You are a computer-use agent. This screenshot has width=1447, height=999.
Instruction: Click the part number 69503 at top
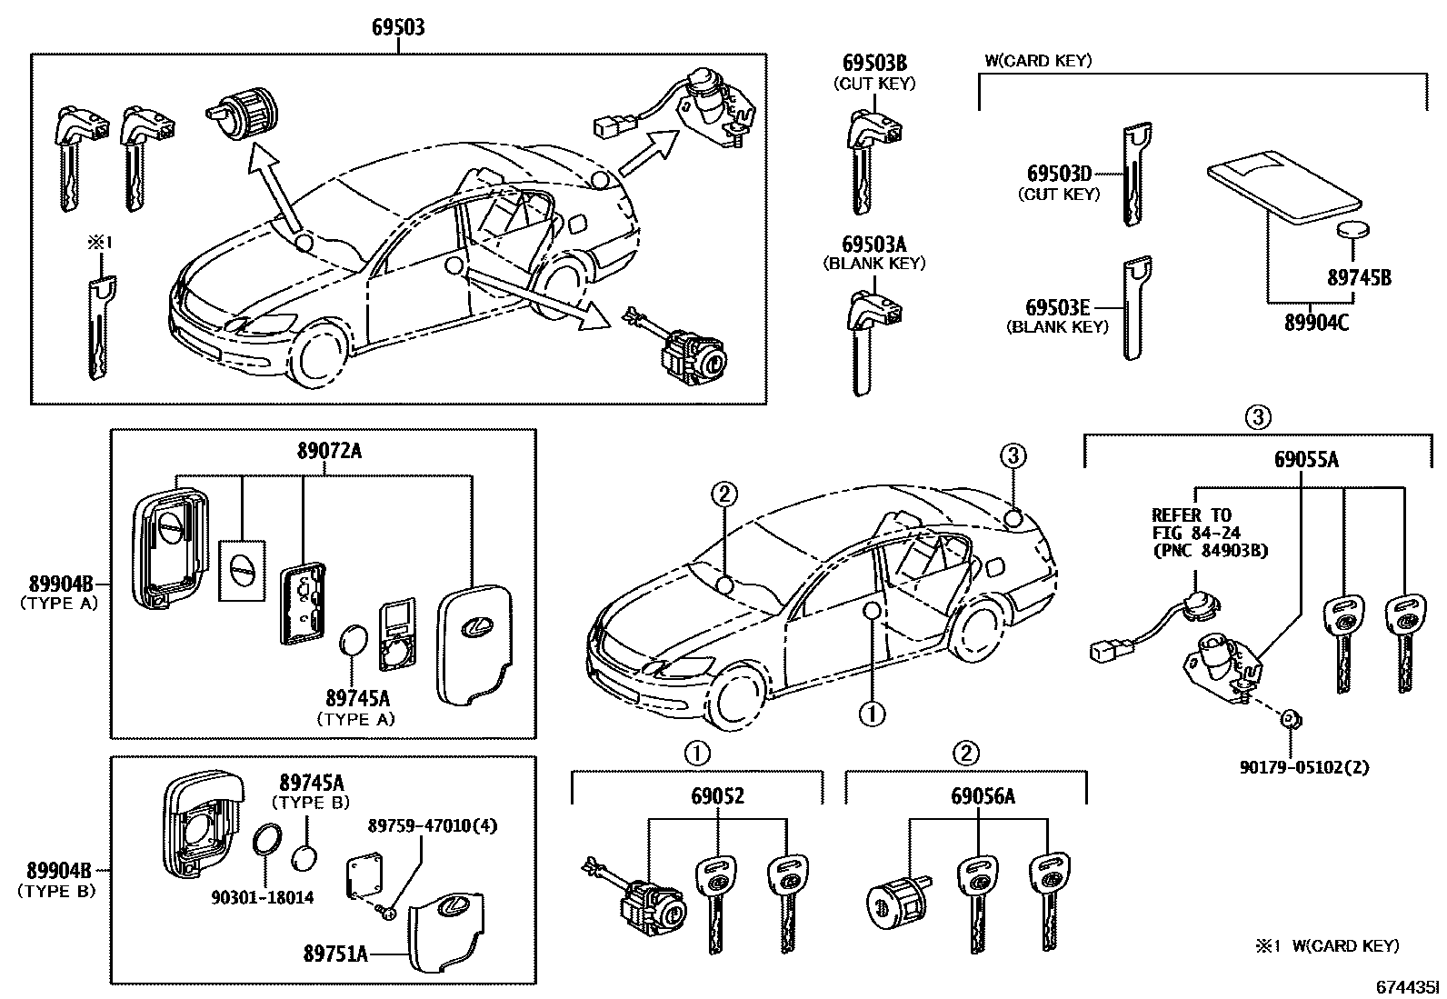click(x=398, y=29)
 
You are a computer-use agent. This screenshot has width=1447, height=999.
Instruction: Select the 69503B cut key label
click(x=874, y=64)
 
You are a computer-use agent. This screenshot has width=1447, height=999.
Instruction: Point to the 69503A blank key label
click(x=874, y=245)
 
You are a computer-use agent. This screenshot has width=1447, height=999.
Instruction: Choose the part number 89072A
click(x=328, y=451)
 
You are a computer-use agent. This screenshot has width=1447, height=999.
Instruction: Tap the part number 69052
click(x=717, y=796)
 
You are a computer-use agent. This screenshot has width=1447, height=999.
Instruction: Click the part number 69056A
click(x=983, y=796)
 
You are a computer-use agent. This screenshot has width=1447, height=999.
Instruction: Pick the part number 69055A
click(x=1306, y=459)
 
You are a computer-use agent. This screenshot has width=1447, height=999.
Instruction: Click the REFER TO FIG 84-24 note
click(x=1195, y=532)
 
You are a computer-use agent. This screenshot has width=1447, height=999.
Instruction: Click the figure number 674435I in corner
click(x=1406, y=985)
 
